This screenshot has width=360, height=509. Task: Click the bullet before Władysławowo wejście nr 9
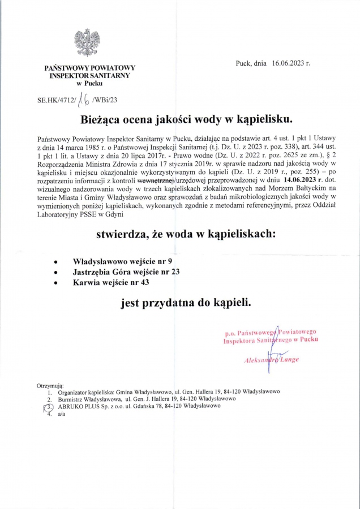pyautogui.click(x=54, y=262)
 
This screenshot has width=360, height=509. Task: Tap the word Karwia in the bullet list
pyautogui.click(x=87, y=282)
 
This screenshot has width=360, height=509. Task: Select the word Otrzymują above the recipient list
pyautogui.click(x=50, y=385)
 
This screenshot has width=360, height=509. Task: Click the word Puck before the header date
pyautogui.click(x=243, y=64)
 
